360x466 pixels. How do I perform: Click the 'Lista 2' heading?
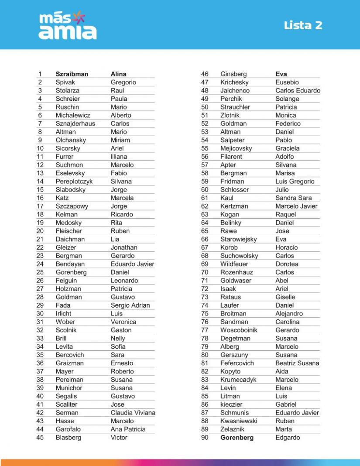pos(303,25)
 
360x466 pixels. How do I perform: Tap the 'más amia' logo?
pos(68,26)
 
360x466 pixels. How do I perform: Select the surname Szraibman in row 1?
pos(72,74)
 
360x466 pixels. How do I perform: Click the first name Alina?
pos(119,74)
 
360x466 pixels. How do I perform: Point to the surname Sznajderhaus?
pos(75,123)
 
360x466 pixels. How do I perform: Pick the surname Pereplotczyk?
pos(74,182)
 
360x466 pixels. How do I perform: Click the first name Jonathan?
pos(124,247)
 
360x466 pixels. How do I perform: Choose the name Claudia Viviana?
pos(133,413)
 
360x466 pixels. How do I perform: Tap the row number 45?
pos(40,438)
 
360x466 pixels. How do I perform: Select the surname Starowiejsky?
pos(239,239)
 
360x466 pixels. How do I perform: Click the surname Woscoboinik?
pos(239,330)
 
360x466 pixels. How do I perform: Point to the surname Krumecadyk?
pos(238,380)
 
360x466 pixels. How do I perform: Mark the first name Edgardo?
pos(288,438)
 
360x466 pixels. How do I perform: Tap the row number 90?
pos(205,438)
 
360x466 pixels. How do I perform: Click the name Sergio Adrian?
pos(130,305)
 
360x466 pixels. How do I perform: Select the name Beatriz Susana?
pos(297,363)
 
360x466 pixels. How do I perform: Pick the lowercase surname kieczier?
pos(231,404)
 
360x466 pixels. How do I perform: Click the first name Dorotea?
pos(287,264)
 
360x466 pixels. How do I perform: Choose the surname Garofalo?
pos(68,429)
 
